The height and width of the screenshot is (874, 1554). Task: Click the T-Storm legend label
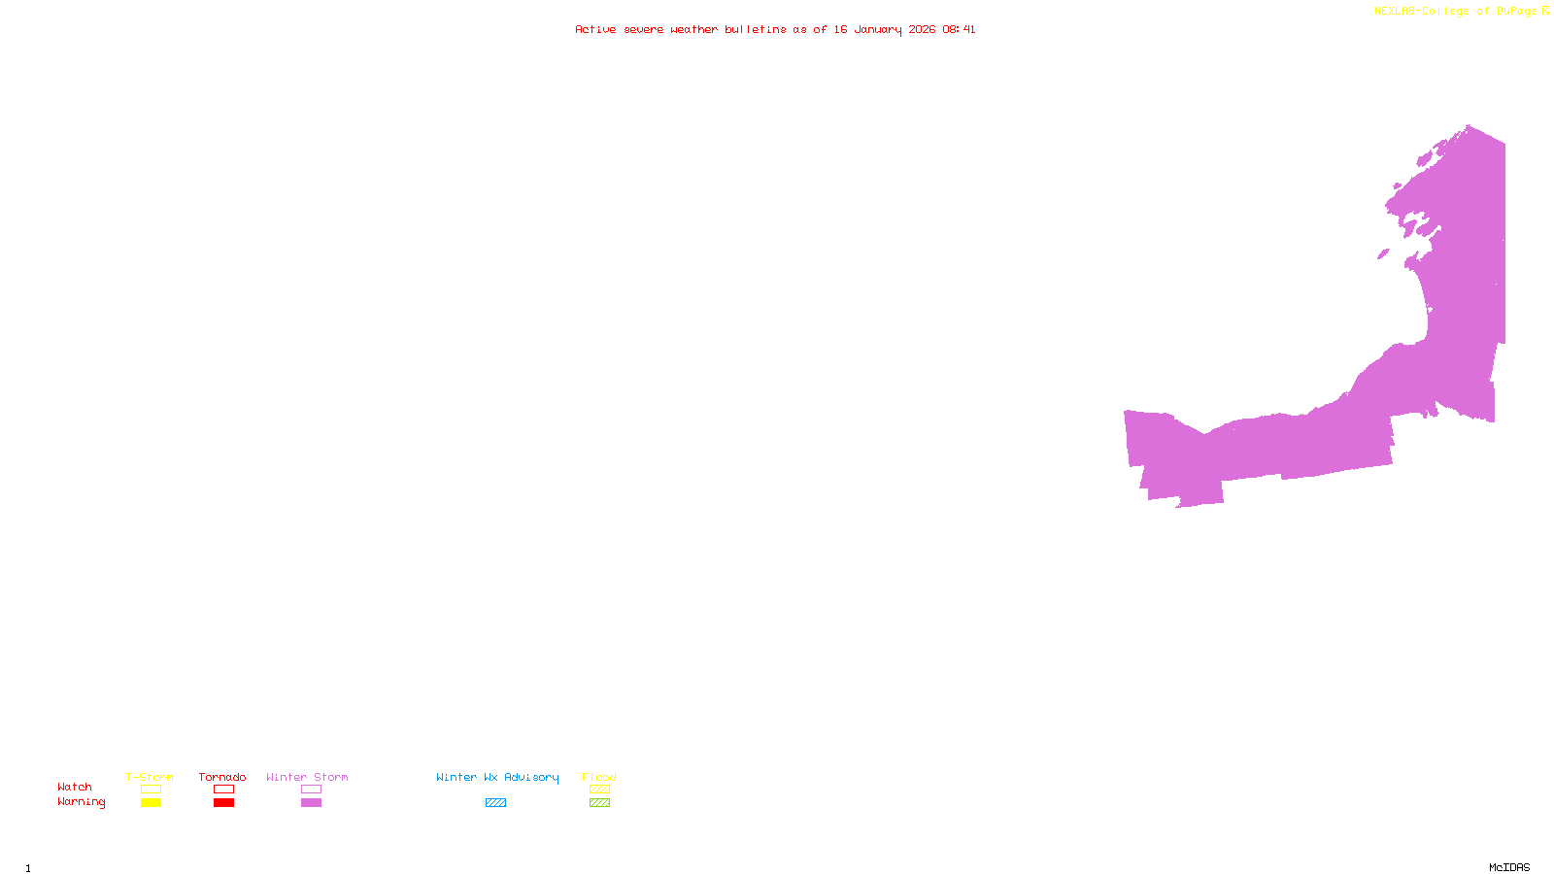tap(150, 777)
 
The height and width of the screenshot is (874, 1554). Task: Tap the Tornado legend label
tap(222, 777)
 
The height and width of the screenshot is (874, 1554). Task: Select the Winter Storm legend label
tap(307, 777)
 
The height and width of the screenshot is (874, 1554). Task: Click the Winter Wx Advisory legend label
tap(497, 777)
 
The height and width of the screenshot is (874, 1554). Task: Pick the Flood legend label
tap(599, 777)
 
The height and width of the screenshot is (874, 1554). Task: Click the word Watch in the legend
tap(75, 787)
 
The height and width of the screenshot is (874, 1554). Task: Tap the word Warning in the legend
tap(81, 802)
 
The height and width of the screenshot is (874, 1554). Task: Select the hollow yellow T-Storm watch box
tap(151, 790)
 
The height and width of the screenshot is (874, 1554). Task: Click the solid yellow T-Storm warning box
tap(151, 803)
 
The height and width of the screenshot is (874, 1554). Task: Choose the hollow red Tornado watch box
tap(223, 790)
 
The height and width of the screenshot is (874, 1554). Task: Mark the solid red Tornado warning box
tap(223, 803)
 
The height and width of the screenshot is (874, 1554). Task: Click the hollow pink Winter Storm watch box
tap(311, 790)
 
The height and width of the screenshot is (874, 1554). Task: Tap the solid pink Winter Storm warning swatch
tap(311, 803)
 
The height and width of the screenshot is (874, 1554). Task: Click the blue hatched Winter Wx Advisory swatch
tap(495, 803)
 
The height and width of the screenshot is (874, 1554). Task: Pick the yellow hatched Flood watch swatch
tap(599, 790)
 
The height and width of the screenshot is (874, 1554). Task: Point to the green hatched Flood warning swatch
tap(599, 803)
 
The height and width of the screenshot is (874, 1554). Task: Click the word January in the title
tap(878, 29)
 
